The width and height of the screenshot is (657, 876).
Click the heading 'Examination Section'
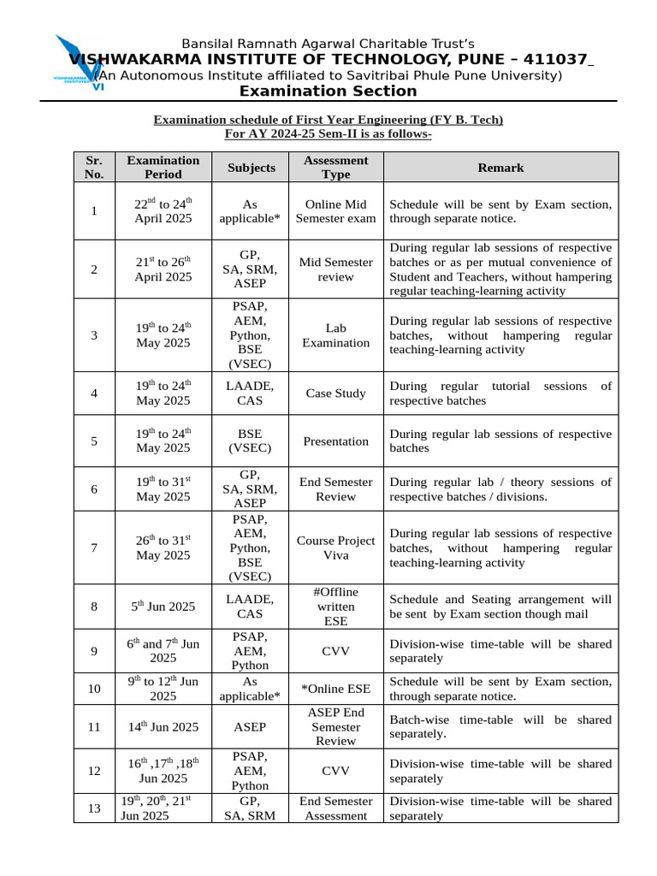(x=328, y=92)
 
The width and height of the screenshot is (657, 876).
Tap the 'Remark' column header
(x=500, y=168)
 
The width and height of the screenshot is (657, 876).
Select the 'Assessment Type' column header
(x=335, y=167)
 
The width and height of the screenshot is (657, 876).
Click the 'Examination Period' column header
(x=163, y=167)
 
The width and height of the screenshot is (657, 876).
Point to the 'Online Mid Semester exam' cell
(x=335, y=211)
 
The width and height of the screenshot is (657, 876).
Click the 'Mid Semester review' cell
(x=335, y=269)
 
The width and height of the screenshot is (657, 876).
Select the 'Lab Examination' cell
(x=335, y=335)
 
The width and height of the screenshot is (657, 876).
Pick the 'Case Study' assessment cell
(x=335, y=394)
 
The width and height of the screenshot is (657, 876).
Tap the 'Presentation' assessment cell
(x=335, y=441)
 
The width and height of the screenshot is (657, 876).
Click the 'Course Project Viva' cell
(x=335, y=548)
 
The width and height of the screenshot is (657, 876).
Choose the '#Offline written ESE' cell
(x=335, y=607)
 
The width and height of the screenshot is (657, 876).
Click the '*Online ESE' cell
(x=335, y=689)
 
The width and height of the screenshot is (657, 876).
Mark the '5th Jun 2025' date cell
(x=163, y=607)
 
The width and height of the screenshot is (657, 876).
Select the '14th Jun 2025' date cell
(x=163, y=727)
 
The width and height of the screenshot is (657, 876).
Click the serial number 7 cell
(x=94, y=548)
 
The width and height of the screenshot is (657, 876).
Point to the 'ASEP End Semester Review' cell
(x=335, y=727)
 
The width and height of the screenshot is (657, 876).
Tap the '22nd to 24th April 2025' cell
(x=163, y=211)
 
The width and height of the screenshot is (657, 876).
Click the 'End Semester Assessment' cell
(x=335, y=808)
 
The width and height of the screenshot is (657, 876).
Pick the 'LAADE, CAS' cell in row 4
(x=250, y=394)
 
